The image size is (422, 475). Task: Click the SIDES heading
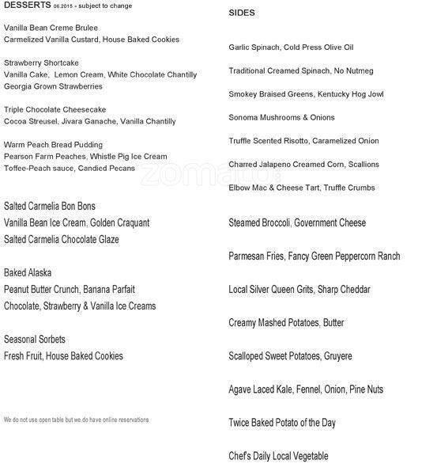point(241,13)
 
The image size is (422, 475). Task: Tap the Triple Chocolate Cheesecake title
point(55,109)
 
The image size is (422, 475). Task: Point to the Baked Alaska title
point(28,272)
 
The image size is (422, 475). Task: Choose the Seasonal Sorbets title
point(35,339)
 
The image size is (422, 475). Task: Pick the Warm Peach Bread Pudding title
point(53,145)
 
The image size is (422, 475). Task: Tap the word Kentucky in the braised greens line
point(337,94)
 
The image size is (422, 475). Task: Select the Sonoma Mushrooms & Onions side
point(281,118)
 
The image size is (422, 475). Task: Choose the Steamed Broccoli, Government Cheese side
point(296,222)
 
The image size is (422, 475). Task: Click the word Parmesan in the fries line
point(247,256)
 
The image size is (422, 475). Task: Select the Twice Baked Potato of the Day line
point(281,423)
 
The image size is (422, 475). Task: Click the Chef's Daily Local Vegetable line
point(277,456)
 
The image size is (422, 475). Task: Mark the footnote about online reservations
point(76,420)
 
